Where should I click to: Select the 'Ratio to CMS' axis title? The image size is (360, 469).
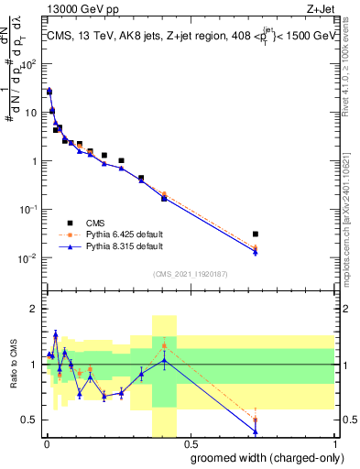coord(13,365)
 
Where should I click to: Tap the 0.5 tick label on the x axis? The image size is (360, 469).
coord(189,442)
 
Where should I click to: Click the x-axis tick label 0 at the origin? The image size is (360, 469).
coord(46,442)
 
